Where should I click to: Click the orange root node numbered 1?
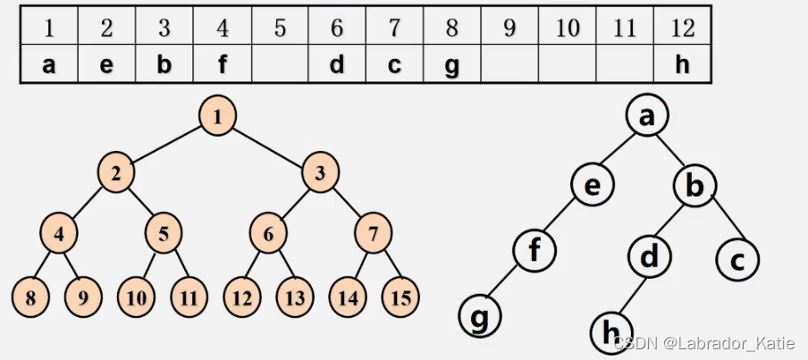pos(216,117)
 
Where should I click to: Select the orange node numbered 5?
pos(164,235)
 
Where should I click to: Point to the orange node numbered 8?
pos(31,297)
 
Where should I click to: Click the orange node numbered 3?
pos(319,174)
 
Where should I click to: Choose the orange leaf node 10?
pos(137,297)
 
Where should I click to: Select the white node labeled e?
pos(593,185)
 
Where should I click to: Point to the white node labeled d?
pos(650,256)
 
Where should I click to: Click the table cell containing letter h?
pos(682,67)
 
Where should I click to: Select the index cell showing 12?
pos(682,29)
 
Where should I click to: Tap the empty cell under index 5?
pos(280,67)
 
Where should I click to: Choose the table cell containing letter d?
pos(337,67)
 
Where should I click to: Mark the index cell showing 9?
pos(509,29)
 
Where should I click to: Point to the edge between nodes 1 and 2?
pos(166,146)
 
